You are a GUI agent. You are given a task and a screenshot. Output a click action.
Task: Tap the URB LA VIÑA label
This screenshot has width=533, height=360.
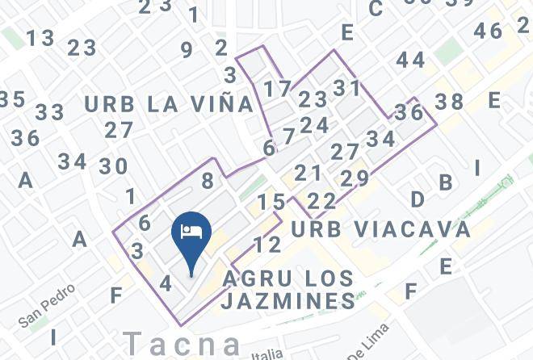tap(169, 103)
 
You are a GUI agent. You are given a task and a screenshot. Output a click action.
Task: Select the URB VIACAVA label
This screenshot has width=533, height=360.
tap(380, 229)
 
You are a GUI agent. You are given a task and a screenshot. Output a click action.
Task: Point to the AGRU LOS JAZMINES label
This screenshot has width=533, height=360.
tap(288, 290)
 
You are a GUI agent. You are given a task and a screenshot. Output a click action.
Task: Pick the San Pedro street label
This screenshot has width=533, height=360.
tap(48, 305)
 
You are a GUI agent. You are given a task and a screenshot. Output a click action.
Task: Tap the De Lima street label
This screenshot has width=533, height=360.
tap(368, 342)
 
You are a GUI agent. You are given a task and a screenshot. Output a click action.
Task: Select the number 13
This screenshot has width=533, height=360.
tap(40, 38)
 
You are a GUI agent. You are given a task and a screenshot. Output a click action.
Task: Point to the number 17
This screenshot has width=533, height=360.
tap(277, 88)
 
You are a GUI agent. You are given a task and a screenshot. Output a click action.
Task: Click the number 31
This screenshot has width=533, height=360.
tap(347, 87)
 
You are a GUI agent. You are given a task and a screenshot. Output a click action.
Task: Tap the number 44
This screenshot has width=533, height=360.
tap(410, 60)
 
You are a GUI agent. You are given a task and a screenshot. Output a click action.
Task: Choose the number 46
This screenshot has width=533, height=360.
tap(488, 31)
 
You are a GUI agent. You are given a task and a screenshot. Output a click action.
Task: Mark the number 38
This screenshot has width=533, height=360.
tap(449, 101)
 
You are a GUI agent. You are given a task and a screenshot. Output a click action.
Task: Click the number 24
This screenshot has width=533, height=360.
tap(314, 125)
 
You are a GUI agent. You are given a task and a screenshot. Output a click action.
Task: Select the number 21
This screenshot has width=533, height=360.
tap(308, 173)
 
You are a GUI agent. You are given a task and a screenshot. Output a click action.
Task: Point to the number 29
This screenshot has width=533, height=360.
tap(355, 178)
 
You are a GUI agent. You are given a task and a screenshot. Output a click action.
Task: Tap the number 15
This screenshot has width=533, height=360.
tap(272, 202)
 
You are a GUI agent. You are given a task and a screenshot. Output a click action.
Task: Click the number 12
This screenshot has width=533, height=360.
tap(266, 244)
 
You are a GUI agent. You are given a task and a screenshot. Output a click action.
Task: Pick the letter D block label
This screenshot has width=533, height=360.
tap(418, 199)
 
